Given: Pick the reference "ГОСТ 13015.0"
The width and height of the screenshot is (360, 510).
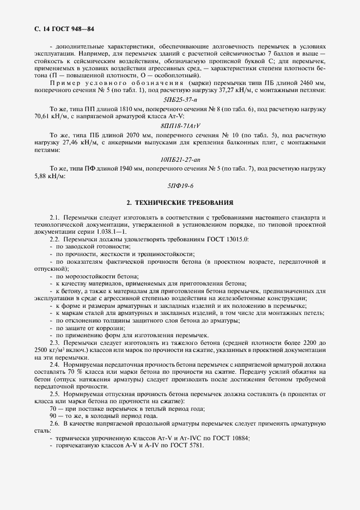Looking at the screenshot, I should pos(223,239).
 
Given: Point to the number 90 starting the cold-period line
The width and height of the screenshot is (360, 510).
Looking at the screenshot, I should pos(53,416).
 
